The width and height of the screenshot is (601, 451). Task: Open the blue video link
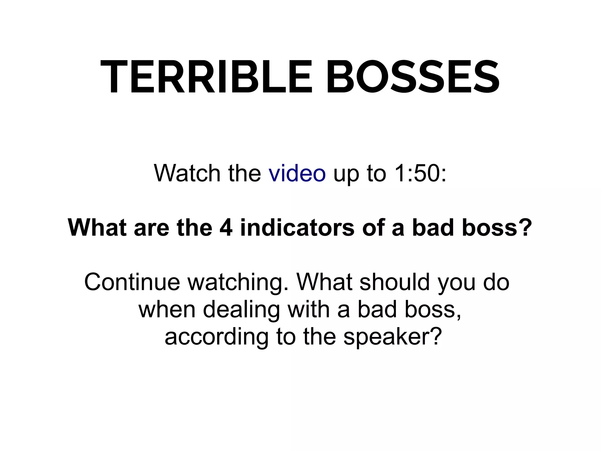(x=297, y=173)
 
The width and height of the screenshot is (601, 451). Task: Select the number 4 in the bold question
(x=226, y=228)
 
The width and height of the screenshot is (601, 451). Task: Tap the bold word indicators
(x=297, y=228)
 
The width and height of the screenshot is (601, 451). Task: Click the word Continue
(x=132, y=282)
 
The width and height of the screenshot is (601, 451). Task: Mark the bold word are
(x=151, y=228)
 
